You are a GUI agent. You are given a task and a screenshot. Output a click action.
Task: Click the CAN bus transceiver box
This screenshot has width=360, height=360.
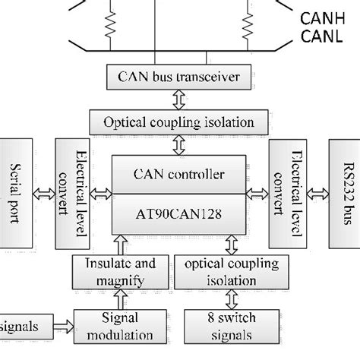click(x=180, y=76)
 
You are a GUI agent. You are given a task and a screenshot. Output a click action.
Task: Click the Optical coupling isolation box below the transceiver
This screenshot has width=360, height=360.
click(x=179, y=121)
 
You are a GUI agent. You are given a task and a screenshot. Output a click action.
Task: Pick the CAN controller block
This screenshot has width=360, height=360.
click(x=179, y=175)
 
